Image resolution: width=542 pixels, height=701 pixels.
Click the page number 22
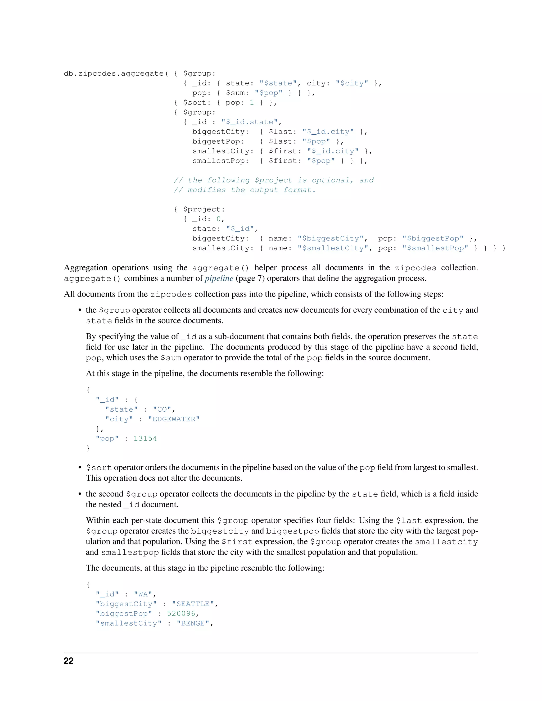click(x=69, y=661)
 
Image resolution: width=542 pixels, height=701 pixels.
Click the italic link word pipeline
click(x=219, y=278)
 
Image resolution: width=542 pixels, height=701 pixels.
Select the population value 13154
click(x=145, y=438)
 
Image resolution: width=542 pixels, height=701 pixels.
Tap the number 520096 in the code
click(x=181, y=614)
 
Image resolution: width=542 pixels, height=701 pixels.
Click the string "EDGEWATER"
click(x=174, y=419)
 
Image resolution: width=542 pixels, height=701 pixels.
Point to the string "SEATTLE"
click(x=193, y=604)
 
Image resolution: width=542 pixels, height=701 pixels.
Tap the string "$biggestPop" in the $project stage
click(x=433, y=239)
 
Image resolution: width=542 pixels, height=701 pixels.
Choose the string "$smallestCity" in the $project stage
click(x=333, y=248)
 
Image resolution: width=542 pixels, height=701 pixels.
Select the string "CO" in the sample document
click(x=162, y=409)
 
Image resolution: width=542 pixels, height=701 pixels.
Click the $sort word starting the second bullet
click(x=99, y=468)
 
